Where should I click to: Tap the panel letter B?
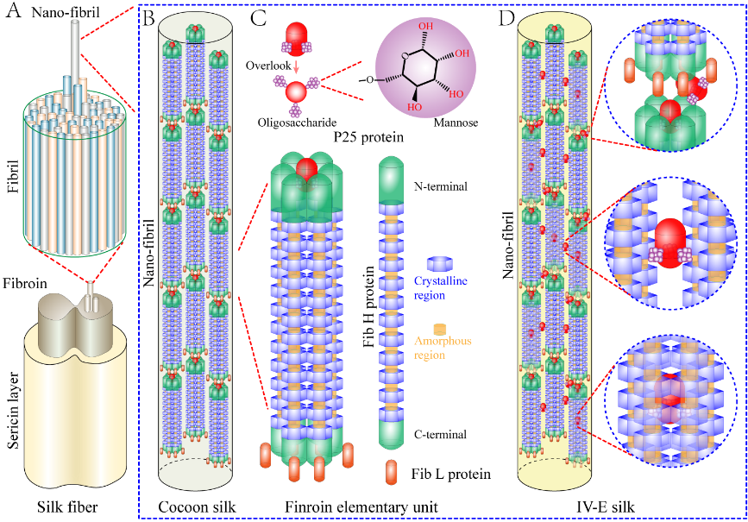[148, 17]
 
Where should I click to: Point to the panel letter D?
[509, 17]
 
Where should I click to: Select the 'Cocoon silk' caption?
[193, 506]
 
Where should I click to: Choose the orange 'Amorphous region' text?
[440, 348]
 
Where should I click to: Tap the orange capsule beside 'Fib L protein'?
[392, 473]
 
